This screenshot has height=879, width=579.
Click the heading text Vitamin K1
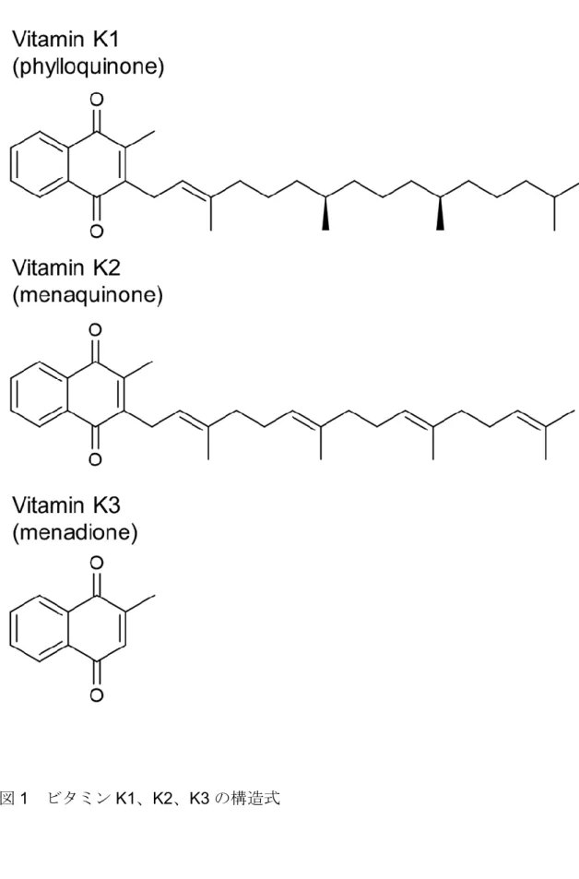(65, 40)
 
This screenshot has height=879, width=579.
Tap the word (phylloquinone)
(88, 66)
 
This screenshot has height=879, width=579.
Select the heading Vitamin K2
(66, 268)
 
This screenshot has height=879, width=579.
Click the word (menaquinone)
(88, 294)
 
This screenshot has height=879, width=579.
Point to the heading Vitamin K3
(66, 505)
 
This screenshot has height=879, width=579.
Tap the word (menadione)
(75, 531)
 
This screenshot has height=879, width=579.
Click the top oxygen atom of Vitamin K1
(97, 100)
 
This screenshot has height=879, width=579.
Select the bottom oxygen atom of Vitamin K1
(97, 231)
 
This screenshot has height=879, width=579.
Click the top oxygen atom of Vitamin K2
(95, 329)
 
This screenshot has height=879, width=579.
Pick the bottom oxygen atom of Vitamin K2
(95, 459)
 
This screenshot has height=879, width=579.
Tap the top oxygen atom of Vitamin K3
(97, 563)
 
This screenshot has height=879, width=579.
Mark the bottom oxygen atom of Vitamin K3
(97, 695)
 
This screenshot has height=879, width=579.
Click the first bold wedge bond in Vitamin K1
(325, 213)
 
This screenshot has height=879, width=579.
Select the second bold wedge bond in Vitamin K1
(440, 213)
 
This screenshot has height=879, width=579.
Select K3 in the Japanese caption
(199, 798)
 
